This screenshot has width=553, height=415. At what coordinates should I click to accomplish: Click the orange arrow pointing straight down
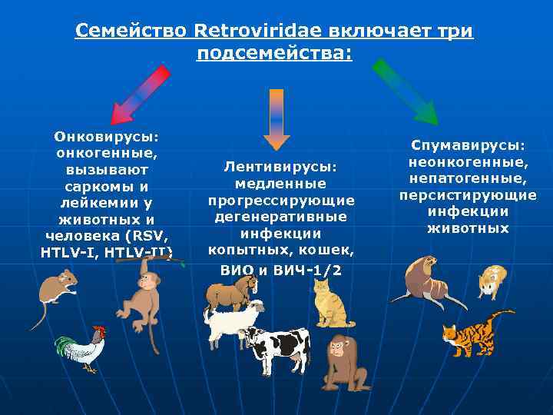click(x=276, y=118)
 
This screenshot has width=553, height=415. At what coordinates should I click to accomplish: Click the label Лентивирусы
click(x=280, y=166)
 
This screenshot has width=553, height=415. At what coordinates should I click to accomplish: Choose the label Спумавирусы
click(x=467, y=144)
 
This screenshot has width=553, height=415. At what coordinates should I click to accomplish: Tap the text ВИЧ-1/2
click(x=304, y=270)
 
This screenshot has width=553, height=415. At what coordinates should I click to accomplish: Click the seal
click(x=426, y=281)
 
